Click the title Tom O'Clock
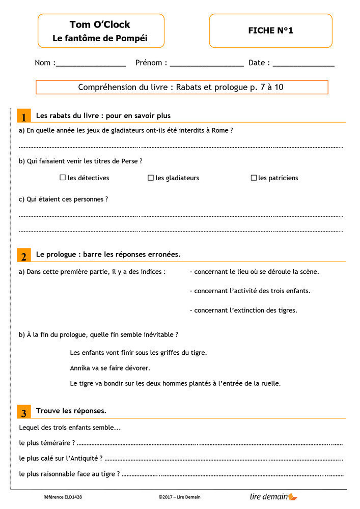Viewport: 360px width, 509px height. coord(100,24)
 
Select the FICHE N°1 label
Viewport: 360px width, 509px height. coord(270,31)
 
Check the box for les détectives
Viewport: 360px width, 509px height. coord(63,178)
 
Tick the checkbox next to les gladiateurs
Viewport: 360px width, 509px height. coord(151,178)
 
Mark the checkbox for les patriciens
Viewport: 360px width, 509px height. coord(254,178)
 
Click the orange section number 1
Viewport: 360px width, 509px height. coord(23,117)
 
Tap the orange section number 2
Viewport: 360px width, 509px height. coord(23,255)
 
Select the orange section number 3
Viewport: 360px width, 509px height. coord(23,412)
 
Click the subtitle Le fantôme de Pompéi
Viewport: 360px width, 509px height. coord(100,39)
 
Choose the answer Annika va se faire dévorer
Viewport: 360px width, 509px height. coord(110,367)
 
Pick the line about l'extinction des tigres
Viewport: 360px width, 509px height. coord(243,310)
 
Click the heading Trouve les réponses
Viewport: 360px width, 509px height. coord(71,410)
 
